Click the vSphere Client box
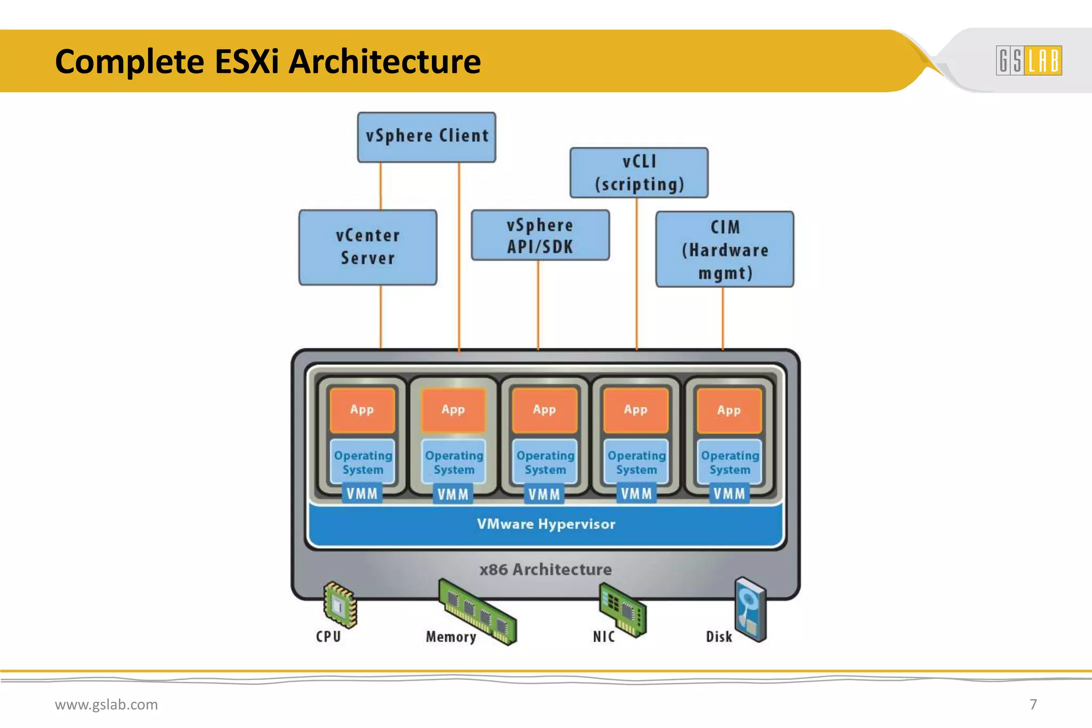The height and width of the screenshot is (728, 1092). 427,137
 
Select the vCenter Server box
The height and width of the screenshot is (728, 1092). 368,247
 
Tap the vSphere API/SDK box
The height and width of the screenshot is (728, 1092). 540,235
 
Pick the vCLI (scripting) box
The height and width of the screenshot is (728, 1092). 639,173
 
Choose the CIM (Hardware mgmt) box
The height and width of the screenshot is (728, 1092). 725,249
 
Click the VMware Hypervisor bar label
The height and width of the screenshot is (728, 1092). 545,524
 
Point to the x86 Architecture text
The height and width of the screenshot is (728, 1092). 545,570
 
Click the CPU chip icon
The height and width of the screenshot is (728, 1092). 340,604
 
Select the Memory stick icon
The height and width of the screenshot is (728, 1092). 478,612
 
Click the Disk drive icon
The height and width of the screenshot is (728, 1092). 750,609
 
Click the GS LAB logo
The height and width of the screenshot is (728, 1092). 1029,60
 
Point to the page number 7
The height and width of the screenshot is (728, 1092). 1033,705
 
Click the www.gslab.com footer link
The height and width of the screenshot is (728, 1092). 107,705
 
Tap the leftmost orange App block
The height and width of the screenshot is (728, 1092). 362,410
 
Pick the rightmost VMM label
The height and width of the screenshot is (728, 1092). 729,494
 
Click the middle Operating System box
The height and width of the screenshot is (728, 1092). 545,462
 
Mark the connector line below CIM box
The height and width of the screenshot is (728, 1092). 722,318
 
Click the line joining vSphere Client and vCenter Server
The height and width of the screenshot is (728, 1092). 381,186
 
